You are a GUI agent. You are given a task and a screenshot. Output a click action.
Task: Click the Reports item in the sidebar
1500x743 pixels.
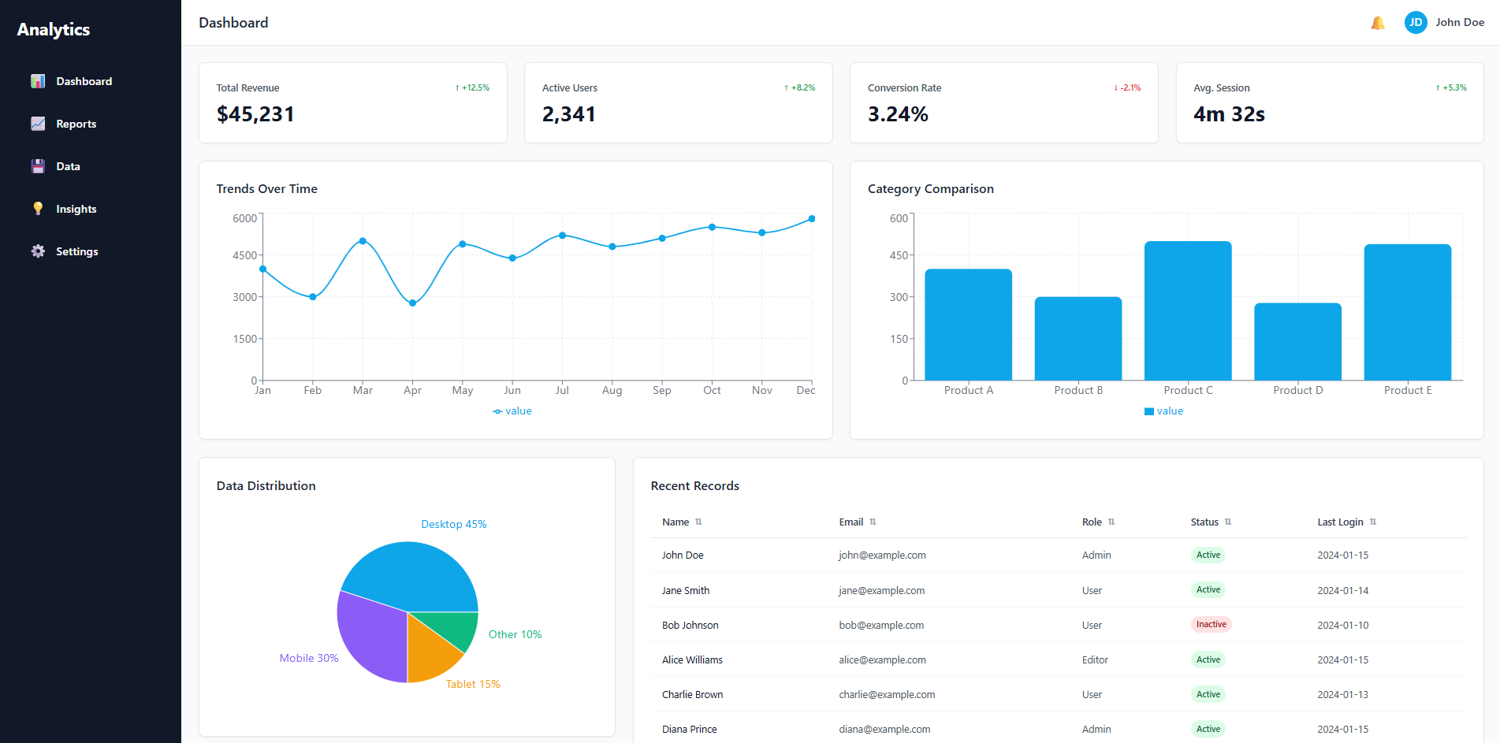pos(76,124)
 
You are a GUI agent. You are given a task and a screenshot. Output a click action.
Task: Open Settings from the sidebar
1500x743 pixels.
pos(76,251)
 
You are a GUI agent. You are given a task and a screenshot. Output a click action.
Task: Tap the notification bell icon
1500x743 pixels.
pos(1378,23)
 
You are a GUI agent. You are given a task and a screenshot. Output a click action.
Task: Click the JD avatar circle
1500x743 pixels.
pos(1416,23)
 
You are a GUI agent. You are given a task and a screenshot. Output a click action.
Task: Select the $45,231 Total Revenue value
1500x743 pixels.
pos(255,114)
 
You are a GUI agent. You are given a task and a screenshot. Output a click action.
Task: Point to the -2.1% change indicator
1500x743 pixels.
pos(1127,87)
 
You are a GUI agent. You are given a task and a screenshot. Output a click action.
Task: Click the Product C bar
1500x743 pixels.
pos(1188,311)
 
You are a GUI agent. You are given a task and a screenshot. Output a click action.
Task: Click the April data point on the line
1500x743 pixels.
pos(412,303)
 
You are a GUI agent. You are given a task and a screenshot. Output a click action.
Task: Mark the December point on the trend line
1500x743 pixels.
pos(811,219)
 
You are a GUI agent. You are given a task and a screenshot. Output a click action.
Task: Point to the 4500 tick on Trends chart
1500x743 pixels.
pos(244,255)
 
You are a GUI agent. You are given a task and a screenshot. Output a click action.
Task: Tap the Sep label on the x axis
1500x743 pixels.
pos(661,390)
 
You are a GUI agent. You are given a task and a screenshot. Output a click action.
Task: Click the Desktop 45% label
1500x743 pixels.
pos(453,524)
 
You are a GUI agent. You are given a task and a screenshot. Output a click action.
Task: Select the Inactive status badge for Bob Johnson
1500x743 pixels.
pos(1211,624)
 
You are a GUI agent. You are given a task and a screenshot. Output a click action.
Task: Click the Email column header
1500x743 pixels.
pos(850,522)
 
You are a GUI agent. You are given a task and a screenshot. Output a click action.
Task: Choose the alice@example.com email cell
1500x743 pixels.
pos(882,659)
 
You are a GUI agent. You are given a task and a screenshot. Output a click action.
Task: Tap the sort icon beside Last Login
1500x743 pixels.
pos(1373,522)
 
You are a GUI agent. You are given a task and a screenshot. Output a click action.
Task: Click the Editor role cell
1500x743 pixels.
pos(1095,659)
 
